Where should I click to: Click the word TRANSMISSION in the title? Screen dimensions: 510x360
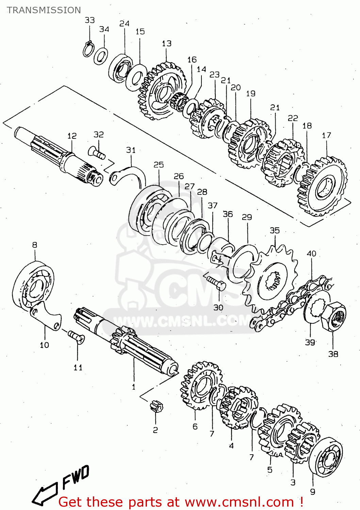pos(44,10)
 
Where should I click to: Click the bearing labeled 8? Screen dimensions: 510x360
pos(33,286)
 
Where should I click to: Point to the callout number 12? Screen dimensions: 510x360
pos(72,136)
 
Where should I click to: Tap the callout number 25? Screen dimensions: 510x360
pos(159,165)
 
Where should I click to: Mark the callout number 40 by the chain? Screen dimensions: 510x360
pos(311,254)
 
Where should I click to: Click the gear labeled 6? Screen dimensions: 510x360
pos(201,386)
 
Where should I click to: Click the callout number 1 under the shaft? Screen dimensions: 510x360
pos(133,387)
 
